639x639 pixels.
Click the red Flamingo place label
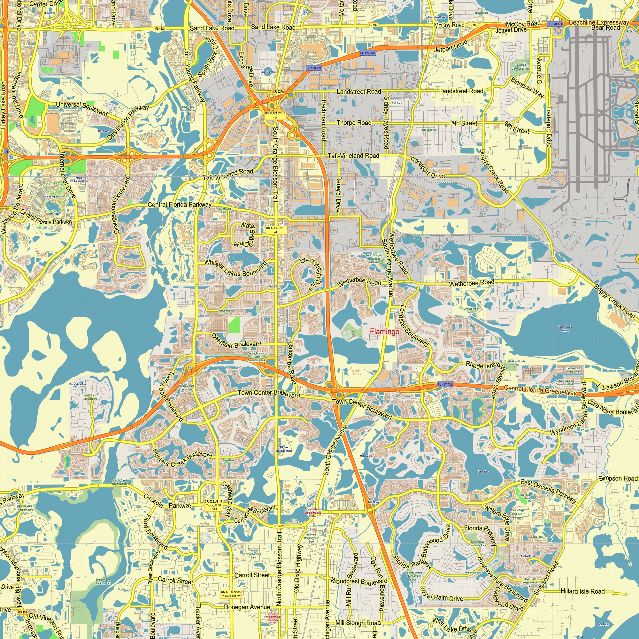point(384,331)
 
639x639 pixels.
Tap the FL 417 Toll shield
point(445,384)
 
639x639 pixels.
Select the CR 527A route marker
point(278,92)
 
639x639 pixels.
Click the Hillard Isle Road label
point(582,591)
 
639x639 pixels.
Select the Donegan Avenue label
point(247,607)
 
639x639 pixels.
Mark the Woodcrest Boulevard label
point(359,581)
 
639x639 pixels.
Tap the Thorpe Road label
point(354,123)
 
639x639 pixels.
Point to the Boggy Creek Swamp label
point(565,328)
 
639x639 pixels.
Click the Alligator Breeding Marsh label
point(284,449)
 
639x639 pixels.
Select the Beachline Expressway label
point(599,22)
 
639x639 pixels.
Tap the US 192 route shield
point(22,612)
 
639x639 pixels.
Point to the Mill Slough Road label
point(358,623)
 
